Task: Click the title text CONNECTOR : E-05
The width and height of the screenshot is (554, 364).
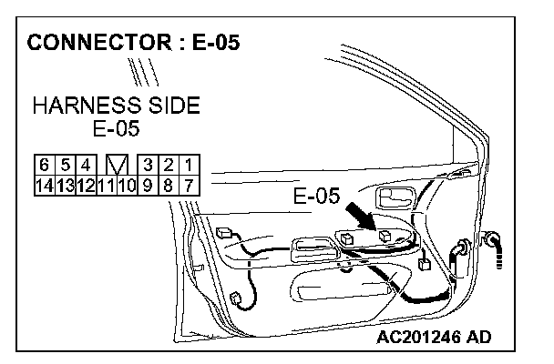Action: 134,42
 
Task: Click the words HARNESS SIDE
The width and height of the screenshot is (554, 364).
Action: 116,106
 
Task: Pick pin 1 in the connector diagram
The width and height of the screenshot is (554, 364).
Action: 187,165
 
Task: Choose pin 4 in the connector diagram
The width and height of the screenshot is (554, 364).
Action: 85,165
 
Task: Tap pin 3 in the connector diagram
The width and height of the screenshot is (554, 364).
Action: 147,165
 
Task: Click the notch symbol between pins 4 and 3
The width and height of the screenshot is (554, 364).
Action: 116,165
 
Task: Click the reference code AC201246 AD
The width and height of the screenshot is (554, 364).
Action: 433,338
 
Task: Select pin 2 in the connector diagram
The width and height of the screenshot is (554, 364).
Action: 167,165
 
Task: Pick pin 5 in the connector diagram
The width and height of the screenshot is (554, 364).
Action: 65,165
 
